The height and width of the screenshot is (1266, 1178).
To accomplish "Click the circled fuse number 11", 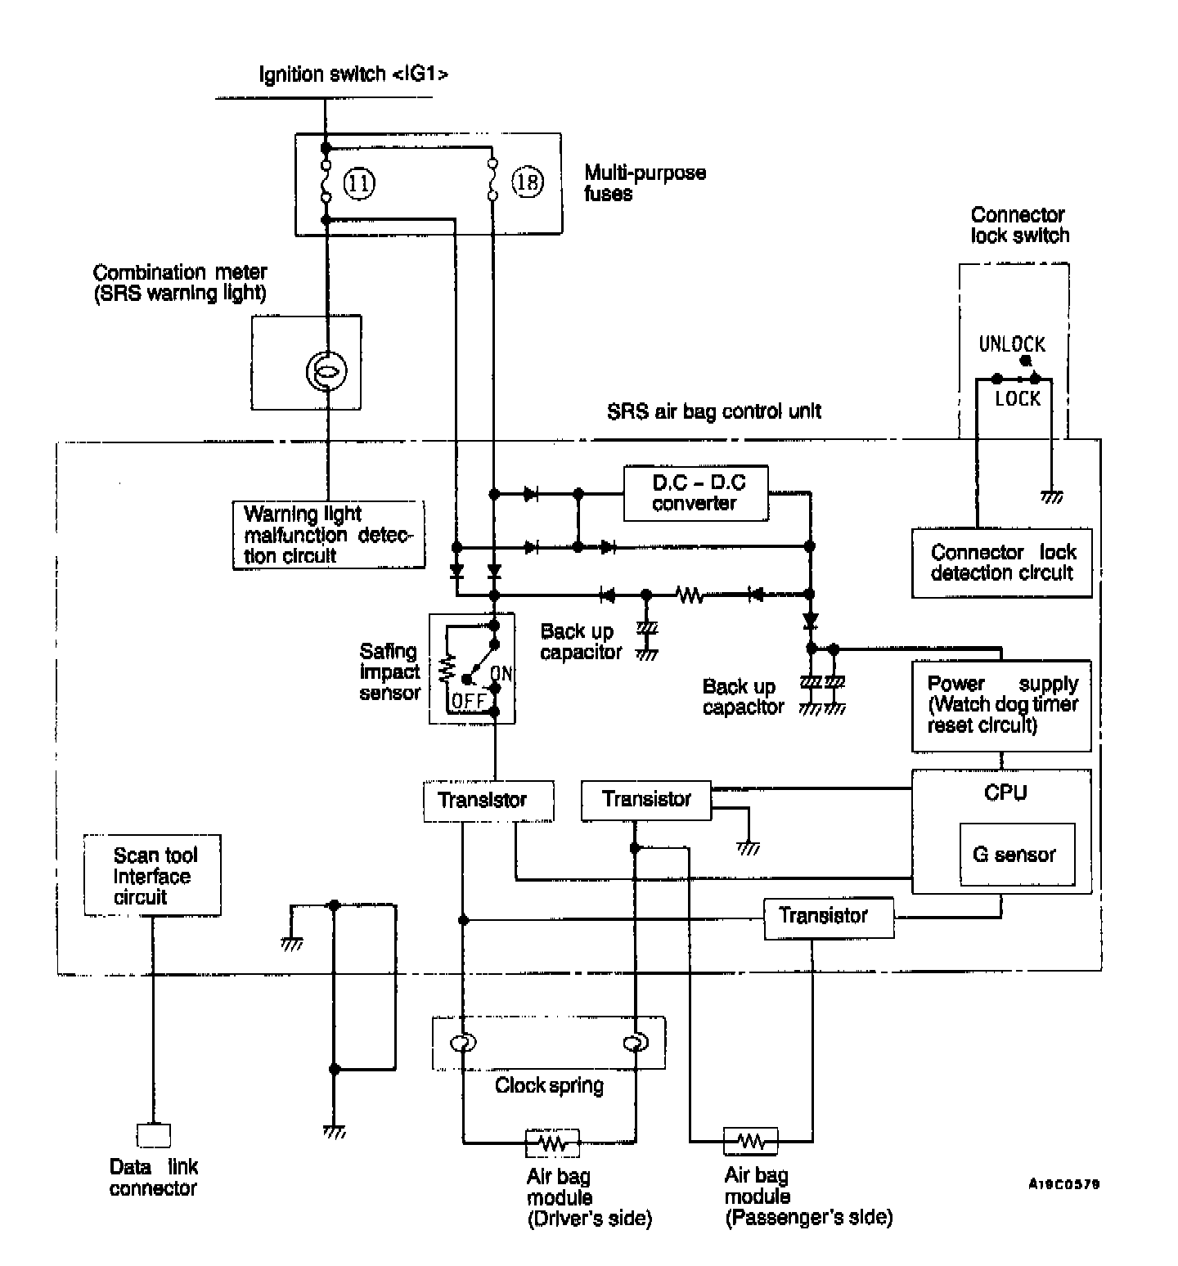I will [x=358, y=182].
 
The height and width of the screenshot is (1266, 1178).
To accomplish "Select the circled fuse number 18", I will [x=528, y=182].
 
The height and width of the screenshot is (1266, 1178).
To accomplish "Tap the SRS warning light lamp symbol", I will [x=326, y=371].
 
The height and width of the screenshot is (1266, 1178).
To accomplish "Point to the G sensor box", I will [x=1017, y=855].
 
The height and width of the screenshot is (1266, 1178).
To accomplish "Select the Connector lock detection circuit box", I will [x=1001, y=563].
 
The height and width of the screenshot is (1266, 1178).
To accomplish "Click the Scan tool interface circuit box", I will [x=153, y=876].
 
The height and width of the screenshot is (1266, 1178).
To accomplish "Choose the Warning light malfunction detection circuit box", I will [x=328, y=535].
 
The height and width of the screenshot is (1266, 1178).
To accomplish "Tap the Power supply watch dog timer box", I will [x=1001, y=705].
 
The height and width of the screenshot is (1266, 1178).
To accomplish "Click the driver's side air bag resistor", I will [x=553, y=1143].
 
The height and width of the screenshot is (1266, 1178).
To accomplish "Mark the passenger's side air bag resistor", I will [x=750, y=1139].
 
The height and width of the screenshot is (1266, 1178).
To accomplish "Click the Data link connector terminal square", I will [x=154, y=1135].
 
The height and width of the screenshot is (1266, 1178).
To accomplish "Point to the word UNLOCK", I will [x=1012, y=344].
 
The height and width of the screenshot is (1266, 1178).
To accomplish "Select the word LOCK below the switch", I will [x=1018, y=399].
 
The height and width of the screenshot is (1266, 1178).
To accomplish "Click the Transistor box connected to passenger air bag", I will [x=828, y=917].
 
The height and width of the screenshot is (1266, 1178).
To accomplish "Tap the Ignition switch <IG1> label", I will [x=353, y=74].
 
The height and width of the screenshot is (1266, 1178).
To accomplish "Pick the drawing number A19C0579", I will [x=1063, y=1183].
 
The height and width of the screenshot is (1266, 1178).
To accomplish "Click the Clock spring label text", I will [x=549, y=1086].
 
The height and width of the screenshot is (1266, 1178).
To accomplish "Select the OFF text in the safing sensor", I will [x=469, y=701].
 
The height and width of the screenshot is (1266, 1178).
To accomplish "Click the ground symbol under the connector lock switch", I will [x=1051, y=496].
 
